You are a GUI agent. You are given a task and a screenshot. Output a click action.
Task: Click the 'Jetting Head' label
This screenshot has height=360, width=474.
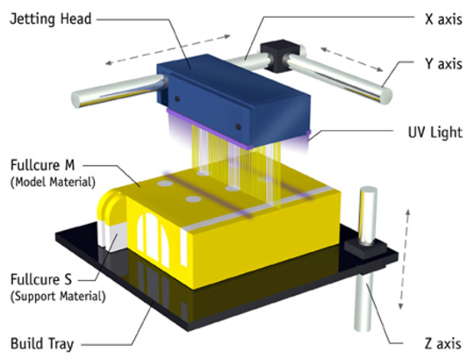pos(51,19)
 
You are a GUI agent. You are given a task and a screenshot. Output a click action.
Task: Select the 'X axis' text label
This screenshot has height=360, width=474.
pos(443,19)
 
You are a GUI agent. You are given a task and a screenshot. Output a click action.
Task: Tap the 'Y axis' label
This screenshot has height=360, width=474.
pos(443,64)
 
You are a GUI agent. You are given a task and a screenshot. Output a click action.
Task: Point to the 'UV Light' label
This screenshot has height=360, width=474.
pos(435,132)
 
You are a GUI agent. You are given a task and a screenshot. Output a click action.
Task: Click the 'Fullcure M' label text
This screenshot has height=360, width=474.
pos(42,165)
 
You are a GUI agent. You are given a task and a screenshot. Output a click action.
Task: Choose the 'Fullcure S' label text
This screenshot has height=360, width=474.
pos(41,279)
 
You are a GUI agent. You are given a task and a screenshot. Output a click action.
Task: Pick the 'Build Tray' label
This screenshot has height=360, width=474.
pos(42,344)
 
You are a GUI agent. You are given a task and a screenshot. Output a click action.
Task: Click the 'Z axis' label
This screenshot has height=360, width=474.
pos(443,344)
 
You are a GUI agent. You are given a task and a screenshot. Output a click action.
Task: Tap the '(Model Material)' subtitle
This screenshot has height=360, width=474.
pos(53,183)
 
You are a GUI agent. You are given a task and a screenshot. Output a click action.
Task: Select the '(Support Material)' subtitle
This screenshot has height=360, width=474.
pos(58,297)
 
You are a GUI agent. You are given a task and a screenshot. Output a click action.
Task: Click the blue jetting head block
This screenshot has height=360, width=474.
pos(233,100)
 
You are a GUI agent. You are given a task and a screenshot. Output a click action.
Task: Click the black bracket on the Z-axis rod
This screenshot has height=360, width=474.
pos(366,249)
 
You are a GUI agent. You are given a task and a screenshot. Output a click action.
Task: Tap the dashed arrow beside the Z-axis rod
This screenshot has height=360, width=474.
pos(404,259)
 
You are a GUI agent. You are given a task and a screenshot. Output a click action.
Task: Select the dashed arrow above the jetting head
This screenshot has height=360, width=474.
pos(168,50)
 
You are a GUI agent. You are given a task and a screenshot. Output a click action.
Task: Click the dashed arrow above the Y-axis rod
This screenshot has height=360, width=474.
pos(352,59)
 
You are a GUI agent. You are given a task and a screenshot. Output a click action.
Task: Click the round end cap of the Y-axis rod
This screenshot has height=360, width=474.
pos(385,96)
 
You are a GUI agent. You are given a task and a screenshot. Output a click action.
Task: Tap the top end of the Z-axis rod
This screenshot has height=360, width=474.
pos(368,191)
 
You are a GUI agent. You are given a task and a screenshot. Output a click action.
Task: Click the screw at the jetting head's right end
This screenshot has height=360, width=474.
pos(239,126)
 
